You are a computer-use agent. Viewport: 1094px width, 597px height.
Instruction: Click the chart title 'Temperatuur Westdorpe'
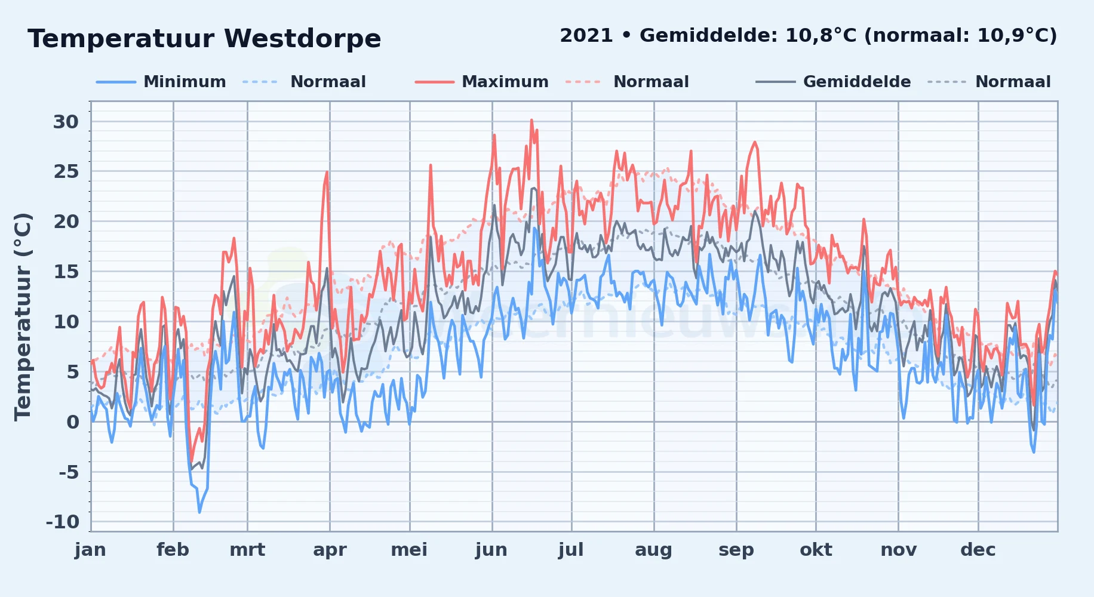click(x=204, y=39)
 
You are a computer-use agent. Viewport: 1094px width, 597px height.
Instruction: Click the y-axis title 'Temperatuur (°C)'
click(x=23, y=316)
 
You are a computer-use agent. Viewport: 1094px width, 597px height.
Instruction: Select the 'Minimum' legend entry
click(x=161, y=82)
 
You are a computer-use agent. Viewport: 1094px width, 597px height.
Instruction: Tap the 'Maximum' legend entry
click(x=481, y=82)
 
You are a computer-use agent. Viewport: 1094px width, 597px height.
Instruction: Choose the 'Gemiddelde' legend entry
click(x=833, y=82)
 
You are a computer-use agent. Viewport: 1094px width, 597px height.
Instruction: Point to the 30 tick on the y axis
click(x=66, y=122)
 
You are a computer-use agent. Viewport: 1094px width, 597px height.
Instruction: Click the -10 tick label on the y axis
click(x=63, y=522)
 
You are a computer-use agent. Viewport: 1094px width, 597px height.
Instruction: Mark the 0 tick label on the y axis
click(x=73, y=422)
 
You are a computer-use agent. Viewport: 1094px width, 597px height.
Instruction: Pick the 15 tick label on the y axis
click(x=66, y=272)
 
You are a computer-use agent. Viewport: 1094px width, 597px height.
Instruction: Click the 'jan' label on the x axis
click(x=91, y=550)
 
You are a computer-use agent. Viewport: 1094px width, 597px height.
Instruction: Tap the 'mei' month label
click(x=409, y=550)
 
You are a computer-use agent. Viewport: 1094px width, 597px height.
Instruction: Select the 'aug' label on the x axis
click(x=653, y=550)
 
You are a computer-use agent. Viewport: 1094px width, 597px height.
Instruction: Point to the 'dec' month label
click(x=978, y=550)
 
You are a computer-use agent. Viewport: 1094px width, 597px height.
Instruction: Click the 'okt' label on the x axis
click(x=816, y=550)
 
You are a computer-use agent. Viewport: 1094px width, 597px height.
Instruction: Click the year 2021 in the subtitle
click(x=586, y=35)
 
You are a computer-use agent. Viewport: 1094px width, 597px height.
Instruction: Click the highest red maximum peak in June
click(x=531, y=120)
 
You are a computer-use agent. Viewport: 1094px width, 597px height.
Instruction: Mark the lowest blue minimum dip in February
click(x=199, y=512)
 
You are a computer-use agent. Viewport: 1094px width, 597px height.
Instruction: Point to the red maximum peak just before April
click(x=327, y=172)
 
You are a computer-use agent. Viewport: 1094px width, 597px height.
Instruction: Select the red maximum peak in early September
click(x=755, y=142)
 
